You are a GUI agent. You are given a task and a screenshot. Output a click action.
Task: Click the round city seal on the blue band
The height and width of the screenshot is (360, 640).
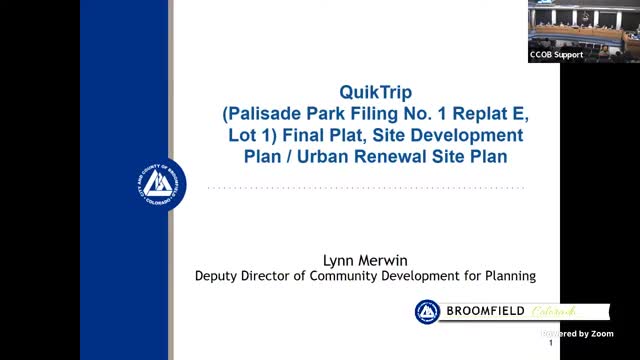coord(160,184)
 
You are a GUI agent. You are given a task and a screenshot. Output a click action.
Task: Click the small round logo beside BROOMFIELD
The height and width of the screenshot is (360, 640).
coord(427,312)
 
